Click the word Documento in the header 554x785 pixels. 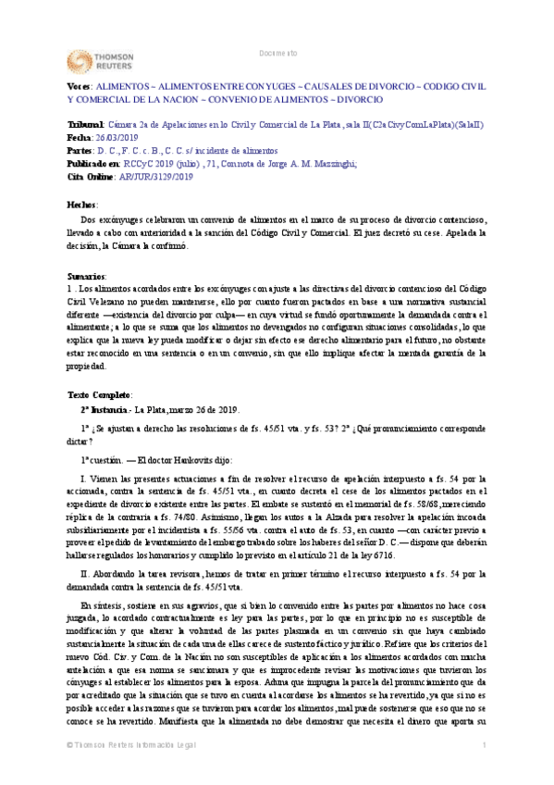[277, 53]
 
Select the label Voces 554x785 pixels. [54, 84]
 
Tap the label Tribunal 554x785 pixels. [61, 124]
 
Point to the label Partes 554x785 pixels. [55, 149]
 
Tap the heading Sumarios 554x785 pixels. [60, 276]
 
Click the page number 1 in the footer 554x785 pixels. [484, 771]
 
